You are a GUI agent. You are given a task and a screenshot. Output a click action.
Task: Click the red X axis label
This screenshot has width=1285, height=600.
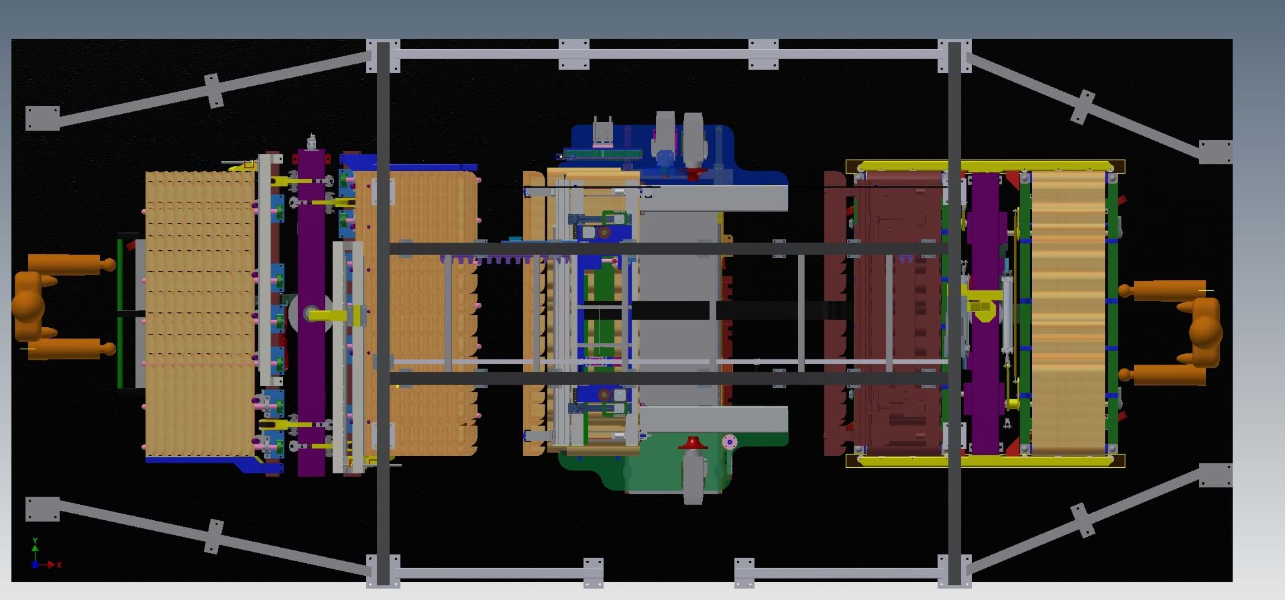click(x=59, y=565)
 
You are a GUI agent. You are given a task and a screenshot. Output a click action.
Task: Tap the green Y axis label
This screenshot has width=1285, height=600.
click(x=35, y=540)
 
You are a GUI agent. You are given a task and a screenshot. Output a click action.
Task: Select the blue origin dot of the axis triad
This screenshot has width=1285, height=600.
click(x=35, y=565)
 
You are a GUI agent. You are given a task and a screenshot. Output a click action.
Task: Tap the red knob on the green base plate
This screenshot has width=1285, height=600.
click(x=693, y=443)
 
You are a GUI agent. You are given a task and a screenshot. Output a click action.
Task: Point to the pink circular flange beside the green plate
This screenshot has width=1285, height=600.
click(x=729, y=442)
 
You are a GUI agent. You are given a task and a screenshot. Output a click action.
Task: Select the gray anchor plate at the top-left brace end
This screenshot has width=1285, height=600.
click(x=42, y=118)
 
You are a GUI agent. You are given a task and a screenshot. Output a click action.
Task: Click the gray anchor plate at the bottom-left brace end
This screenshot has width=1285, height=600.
click(x=42, y=509)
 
